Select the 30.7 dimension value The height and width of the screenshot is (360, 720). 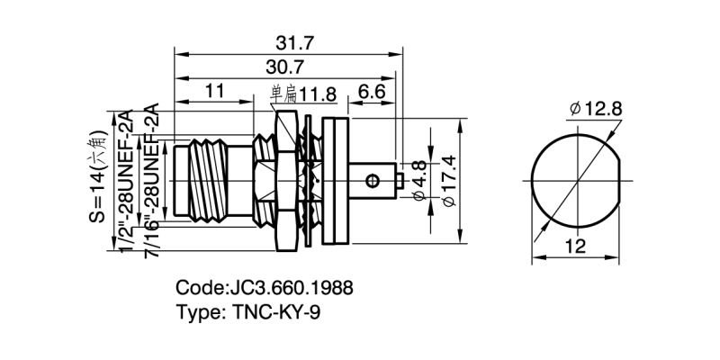[x=283, y=67]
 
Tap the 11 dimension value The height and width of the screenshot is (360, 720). [x=214, y=91]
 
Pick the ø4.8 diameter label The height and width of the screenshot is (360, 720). [x=417, y=179]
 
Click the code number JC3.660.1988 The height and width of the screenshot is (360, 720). [x=291, y=289]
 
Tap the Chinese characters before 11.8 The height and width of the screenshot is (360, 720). [x=284, y=92]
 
